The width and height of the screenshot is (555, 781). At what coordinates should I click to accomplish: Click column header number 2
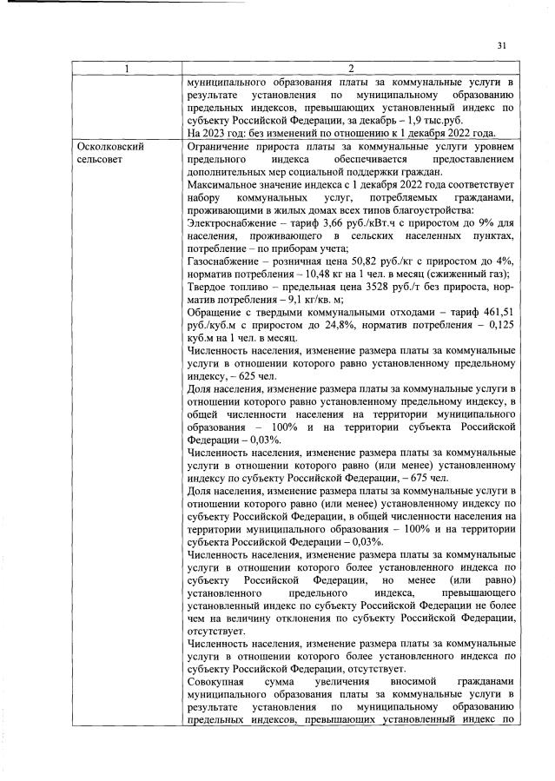351,69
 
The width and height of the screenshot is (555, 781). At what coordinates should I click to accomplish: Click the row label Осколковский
109,147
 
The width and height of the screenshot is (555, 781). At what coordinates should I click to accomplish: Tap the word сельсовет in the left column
100,160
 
